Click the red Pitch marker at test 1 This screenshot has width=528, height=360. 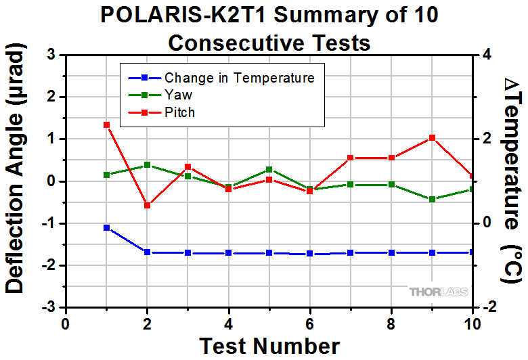click(x=106, y=125)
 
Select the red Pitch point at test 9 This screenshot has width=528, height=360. click(x=432, y=137)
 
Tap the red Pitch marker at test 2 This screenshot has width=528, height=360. click(x=147, y=205)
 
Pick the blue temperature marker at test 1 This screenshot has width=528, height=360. click(x=106, y=227)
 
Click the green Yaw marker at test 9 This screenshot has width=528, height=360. click(x=432, y=199)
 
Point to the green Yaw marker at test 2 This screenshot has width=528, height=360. click(x=147, y=165)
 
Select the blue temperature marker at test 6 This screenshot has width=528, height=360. click(x=309, y=254)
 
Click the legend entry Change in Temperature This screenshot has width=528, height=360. click(x=240, y=78)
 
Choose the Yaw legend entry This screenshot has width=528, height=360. click(x=178, y=95)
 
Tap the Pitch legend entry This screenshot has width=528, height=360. click(x=179, y=112)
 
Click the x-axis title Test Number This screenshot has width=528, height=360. click(x=269, y=346)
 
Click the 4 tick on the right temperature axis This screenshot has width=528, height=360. click(x=485, y=55)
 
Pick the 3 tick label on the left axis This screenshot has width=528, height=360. click(x=51, y=55)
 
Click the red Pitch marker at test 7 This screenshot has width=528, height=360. click(x=351, y=158)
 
